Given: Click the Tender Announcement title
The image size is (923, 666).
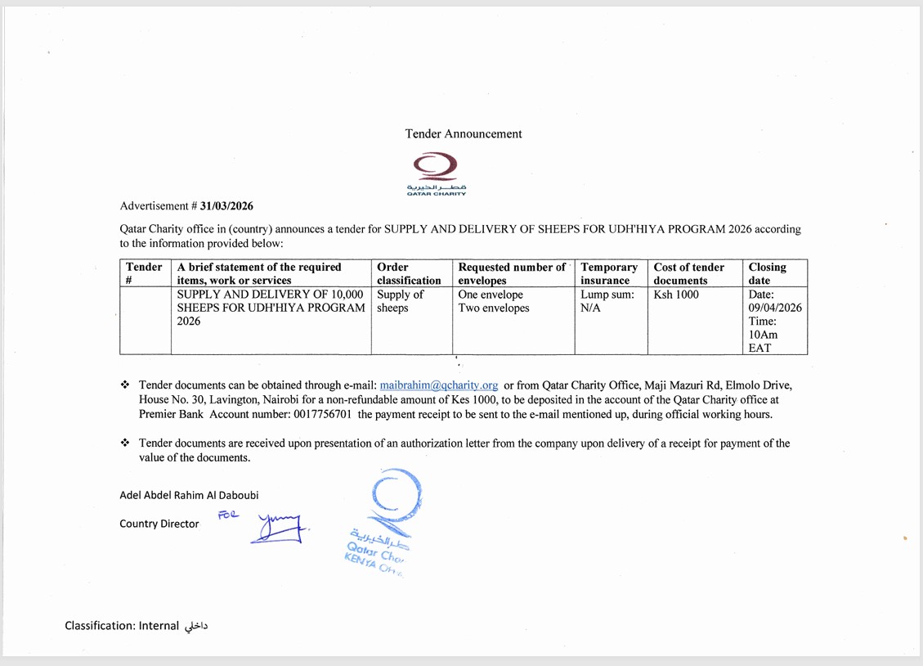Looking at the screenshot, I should tap(463, 133).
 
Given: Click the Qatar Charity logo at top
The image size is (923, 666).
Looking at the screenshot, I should tap(437, 173).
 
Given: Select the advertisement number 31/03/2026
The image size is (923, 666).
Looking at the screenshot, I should tap(226, 206).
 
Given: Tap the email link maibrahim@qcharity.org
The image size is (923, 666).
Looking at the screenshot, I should tap(439, 385).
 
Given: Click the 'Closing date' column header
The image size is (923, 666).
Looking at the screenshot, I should tap(767, 273).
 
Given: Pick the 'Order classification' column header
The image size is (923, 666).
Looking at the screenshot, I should tap(409, 273).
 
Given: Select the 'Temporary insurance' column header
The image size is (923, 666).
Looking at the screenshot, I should tap(609, 273).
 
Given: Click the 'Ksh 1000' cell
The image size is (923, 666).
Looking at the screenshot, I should tap(676, 295).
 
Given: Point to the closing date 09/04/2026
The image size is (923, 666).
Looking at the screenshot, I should tap(775, 308).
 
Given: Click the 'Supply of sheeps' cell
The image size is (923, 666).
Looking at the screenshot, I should tap(400, 301).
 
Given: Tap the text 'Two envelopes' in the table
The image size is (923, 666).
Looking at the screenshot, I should tap(494, 308).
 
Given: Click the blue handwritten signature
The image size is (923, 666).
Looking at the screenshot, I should tap(278, 527).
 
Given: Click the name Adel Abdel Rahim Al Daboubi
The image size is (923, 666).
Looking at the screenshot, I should tap(189, 495).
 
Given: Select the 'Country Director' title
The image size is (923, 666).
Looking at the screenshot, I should tap(159, 524).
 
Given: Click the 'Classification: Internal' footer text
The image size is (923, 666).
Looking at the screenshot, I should tap(122, 626).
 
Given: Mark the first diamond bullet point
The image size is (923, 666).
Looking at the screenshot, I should tap(125, 385).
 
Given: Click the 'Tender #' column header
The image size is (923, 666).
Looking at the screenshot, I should tap(145, 273).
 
